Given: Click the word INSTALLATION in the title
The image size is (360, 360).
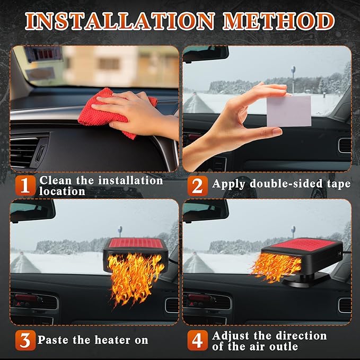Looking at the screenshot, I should tap(119, 22).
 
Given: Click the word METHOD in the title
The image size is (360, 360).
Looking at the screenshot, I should tap(279, 22).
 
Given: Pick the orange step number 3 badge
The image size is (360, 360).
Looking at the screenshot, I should tap(23, 340).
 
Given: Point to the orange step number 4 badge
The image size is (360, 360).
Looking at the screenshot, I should tap(196, 340).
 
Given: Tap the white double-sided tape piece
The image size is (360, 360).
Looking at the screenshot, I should tap(288, 111).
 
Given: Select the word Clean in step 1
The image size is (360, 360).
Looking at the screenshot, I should tap(55, 180).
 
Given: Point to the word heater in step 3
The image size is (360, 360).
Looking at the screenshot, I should tap(109, 340).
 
